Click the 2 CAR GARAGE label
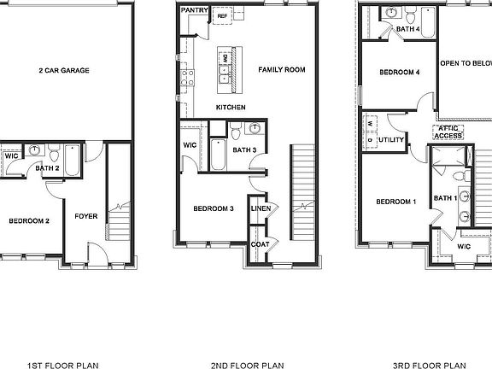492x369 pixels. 64,71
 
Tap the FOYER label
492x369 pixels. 86,216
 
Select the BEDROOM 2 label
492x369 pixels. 29,221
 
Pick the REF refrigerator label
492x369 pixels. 222,16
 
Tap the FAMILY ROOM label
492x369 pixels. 281,70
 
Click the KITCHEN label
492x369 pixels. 231,108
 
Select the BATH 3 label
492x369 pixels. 244,150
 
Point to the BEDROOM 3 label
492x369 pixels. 213,208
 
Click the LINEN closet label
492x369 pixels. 261,208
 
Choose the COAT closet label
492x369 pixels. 261,244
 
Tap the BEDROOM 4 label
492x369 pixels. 397,73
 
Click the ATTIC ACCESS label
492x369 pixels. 448,132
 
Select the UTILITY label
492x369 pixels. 391,139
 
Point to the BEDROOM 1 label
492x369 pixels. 395,202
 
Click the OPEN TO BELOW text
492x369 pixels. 466,63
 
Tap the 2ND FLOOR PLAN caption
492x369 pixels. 248,365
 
